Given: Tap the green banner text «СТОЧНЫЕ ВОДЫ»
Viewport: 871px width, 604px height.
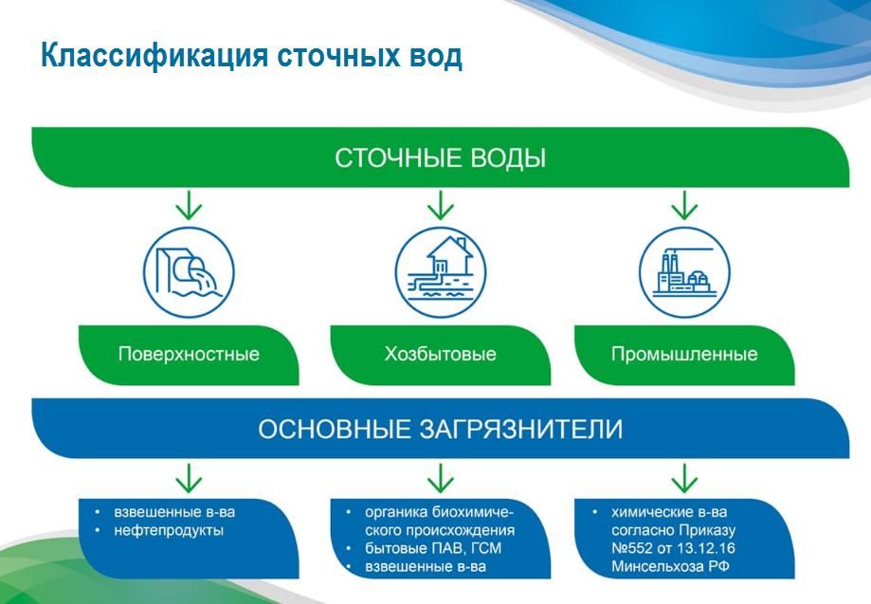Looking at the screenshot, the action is [441, 158].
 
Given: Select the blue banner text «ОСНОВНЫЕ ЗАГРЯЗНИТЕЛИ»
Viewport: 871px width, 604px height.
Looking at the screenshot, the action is [441, 430].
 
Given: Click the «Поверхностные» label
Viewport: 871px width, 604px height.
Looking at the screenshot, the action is [189, 355].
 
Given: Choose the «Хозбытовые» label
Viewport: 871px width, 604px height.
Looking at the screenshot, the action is [441, 354].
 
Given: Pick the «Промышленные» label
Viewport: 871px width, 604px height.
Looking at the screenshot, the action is [684, 354].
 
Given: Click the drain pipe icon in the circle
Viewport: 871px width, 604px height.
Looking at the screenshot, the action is [189, 272].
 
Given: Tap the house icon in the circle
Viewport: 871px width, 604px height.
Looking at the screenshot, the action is [441, 272].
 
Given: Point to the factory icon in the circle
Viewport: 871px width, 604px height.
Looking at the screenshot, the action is [684, 272].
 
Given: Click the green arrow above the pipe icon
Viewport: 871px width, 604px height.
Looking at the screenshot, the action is [189, 206].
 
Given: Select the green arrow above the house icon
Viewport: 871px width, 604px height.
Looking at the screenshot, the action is [441, 206].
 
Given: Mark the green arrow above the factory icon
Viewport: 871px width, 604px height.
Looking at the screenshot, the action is [684, 206].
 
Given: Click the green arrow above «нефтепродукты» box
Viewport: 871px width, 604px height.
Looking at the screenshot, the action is [189, 479].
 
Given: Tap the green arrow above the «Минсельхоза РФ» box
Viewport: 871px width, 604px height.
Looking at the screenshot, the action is [684, 479].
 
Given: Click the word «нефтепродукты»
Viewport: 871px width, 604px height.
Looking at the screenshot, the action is [169, 531].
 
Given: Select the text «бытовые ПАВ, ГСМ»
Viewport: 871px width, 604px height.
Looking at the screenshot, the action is [433, 548].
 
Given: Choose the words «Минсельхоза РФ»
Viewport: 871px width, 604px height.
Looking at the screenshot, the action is [670, 567].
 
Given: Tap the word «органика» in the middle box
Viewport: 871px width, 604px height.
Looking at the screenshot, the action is [396, 512].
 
